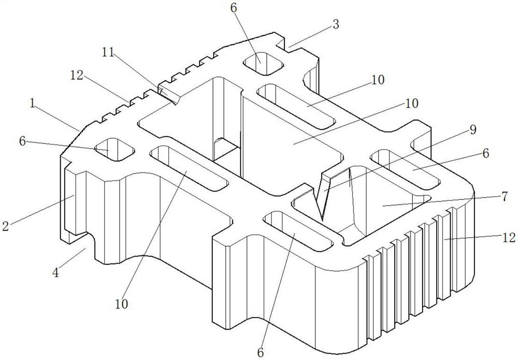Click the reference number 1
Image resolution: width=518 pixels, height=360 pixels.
click(x=33, y=104)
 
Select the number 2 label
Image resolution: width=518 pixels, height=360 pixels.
click(x=6, y=225)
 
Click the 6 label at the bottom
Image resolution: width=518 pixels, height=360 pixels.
click(x=261, y=352)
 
